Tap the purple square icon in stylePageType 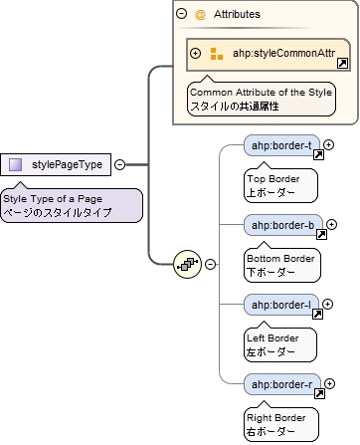pyautogui.click(x=16, y=165)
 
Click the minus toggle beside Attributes pyautogui.click(x=182, y=15)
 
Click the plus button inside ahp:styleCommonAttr pyautogui.click(x=196, y=54)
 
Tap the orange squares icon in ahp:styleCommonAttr pyautogui.click(x=216, y=54)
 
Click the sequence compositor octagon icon pyautogui.click(x=187, y=264)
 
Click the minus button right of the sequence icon pyautogui.click(x=211, y=264)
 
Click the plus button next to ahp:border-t pyautogui.click(x=329, y=145)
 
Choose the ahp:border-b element pyautogui.click(x=282, y=225)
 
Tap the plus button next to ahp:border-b pyautogui.click(x=329, y=225)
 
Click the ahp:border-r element pyautogui.click(x=282, y=384)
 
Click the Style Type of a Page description pyautogui.click(x=70, y=205)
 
